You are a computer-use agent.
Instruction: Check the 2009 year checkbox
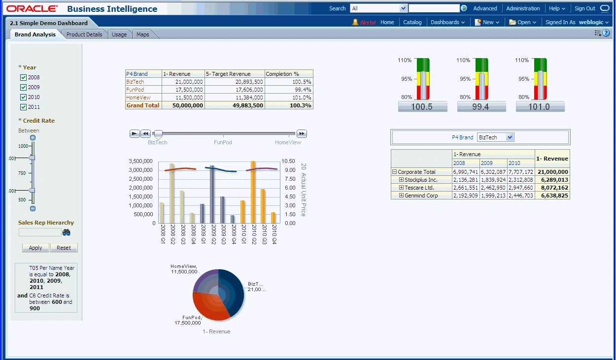click(x=23, y=87)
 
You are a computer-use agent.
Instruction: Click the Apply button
click(x=35, y=248)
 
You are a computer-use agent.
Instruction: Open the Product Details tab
click(x=84, y=34)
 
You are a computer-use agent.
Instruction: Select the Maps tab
click(x=143, y=34)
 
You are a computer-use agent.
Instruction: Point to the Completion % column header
click(x=282, y=74)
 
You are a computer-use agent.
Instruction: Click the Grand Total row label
click(x=143, y=105)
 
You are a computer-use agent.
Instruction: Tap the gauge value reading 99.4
click(x=481, y=106)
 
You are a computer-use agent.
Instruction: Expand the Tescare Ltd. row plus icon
click(x=401, y=188)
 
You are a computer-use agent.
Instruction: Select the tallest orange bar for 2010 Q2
click(x=253, y=192)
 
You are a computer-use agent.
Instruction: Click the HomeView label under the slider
click(x=288, y=142)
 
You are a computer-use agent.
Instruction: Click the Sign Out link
click(x=584, y=8)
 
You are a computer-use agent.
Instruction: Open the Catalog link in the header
click(x=412, y=22)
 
